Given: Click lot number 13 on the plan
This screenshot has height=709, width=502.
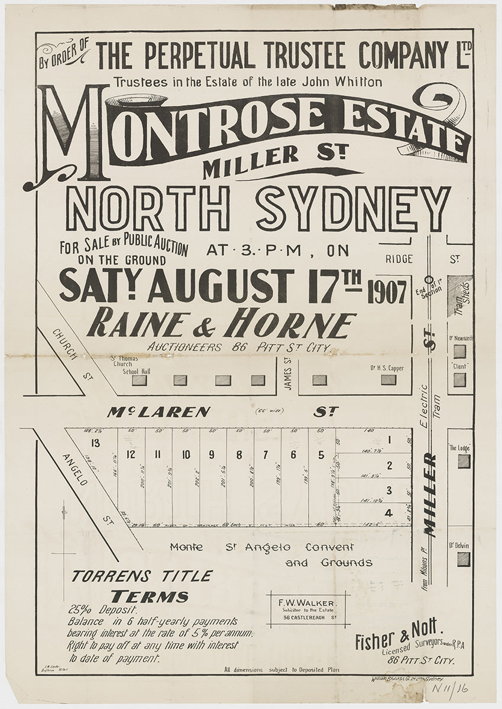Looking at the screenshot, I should point(92,443).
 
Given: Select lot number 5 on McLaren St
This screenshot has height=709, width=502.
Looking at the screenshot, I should point(321,455).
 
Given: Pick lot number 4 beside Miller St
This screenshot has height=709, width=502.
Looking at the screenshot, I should point(388,513).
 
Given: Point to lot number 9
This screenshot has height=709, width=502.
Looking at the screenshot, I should point(212,455).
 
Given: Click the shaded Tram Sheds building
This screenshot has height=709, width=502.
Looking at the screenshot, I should point(459,296).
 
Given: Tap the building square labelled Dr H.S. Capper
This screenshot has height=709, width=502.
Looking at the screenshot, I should point(388,380).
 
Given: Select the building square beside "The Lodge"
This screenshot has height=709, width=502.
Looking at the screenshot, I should point(464,461).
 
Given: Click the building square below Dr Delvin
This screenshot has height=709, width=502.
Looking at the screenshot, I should point(464,559).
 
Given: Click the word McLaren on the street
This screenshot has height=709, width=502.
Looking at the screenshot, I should point(158,412).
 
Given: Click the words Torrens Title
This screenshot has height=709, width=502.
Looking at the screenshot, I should point(142,576).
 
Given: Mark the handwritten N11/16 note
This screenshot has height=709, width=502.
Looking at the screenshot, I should point(462,688).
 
